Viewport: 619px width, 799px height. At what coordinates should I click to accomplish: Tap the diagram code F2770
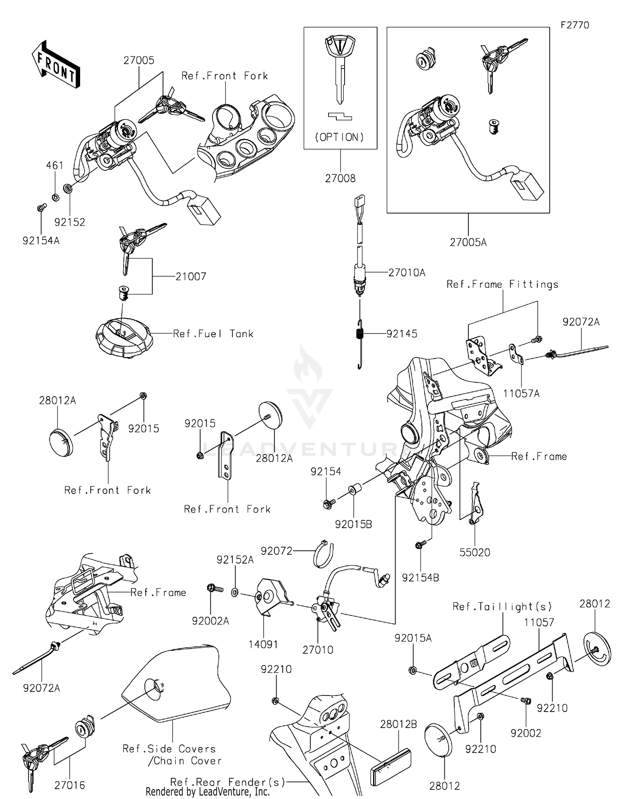pyautogui.click(x=574, y=25)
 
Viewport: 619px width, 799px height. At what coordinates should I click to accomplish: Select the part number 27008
pyautogui.click(x=340, y=179)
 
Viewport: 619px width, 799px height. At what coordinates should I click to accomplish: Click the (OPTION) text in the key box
pyautogui.click(x=340, y=137)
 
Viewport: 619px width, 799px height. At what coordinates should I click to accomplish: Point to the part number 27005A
pyautogui.click(x=468, y=242)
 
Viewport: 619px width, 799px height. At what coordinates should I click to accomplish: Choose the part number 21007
pyautogui.click(x=191, y=276)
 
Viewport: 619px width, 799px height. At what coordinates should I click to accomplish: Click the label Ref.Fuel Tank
pyautogui.click(x=213, y=334)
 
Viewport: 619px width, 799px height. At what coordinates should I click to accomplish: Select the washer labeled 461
pyautogui.click(x=56, y=197)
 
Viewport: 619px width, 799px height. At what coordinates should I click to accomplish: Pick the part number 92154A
pyautogui.click(x=41, y=240)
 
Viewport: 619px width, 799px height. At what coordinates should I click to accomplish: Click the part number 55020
pyautogui.click(x=475, y=552)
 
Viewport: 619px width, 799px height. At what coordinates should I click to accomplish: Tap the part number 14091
pyautogui.click(x=263, y=644)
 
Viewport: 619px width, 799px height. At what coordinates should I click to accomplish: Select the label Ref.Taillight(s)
pyautogui.click(x=502, y=606)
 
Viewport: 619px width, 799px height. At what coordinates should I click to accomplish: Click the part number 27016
pyautogui.click(x=70, y=785)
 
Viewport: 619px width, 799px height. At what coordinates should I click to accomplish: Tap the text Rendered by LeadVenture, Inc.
pyautogui.click(x=207, y=792)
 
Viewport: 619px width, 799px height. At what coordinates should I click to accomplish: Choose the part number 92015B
pyautogui.click(x=353, y=524)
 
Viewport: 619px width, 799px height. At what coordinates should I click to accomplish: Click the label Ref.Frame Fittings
pyautogui.click(x=502, y=284)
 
